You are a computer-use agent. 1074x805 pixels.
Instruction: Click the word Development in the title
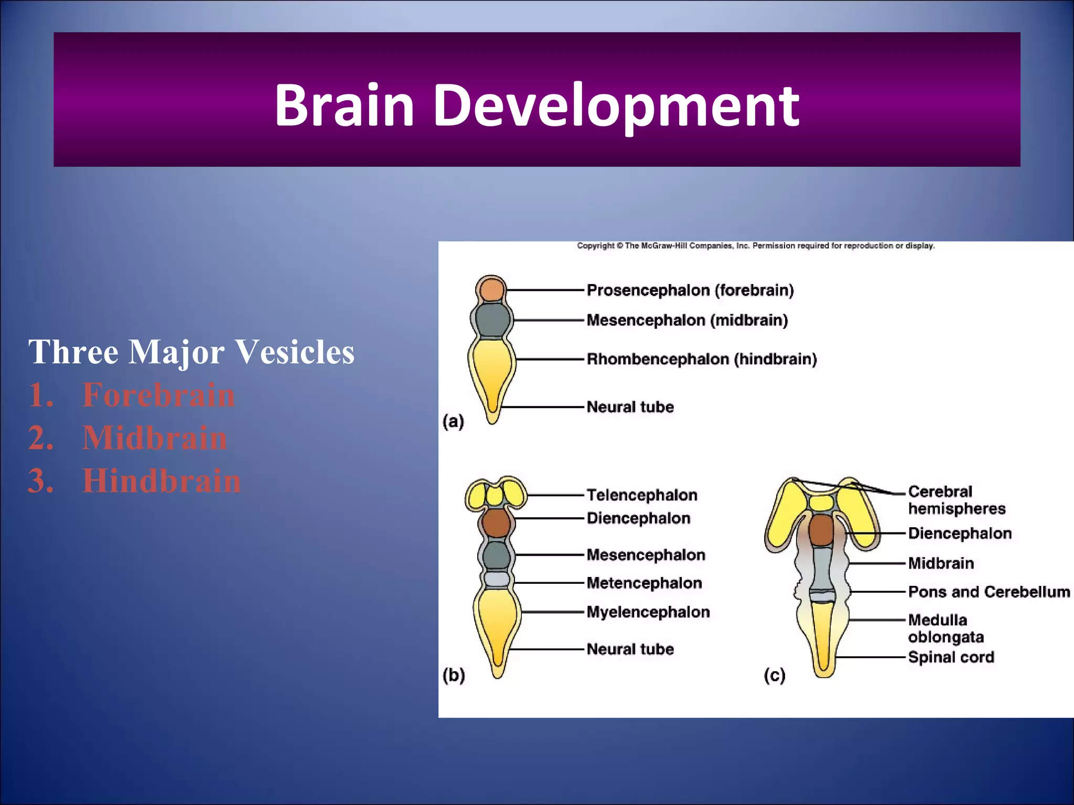point(616,106)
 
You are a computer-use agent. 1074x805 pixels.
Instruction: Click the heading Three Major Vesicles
point(191,352)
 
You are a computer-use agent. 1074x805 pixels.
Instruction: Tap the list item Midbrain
point(155,438)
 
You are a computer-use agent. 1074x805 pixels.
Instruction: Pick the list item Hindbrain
point(162,481)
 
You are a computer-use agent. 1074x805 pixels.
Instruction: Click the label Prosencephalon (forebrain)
point(690,290)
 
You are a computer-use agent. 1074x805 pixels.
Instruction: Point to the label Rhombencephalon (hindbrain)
point(702,359)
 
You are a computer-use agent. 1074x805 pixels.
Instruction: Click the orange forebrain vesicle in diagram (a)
point(492,289)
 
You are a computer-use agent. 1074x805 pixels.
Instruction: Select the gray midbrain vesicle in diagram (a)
point(492,320)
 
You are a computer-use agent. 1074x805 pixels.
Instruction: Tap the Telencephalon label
point(642,495)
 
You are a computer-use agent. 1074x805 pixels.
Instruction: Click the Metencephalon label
point(644,583)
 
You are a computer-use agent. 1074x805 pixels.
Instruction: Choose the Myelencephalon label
point(648,612)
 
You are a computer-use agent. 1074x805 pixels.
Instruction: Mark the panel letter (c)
point(775,675)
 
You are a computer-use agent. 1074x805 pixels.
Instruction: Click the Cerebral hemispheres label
point(957,500)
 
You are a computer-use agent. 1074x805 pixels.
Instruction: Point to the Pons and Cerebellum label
point(989,592)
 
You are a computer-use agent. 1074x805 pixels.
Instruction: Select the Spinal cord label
point(951,657)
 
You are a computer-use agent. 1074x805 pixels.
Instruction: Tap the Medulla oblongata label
point(946,628)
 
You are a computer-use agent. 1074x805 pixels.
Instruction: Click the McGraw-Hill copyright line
point(756,246)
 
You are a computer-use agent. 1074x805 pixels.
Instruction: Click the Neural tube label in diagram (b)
point(630,649)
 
